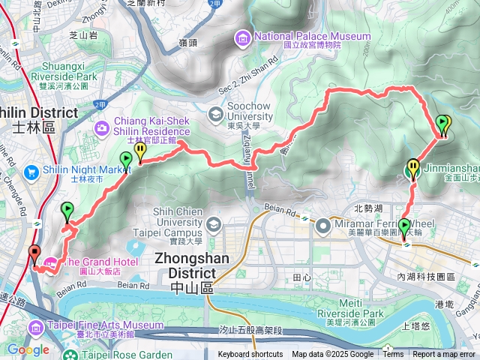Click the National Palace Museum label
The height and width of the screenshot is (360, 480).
pos(313,36)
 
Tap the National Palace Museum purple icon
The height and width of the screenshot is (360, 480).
pos(243,37)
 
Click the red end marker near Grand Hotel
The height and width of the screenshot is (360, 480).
pos(34,253)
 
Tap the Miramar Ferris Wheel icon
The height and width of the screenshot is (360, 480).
pos(323,223)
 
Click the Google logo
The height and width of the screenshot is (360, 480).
pos(28,349)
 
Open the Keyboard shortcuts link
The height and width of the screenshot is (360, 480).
pos(250,355)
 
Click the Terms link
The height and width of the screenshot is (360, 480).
pos(393,355)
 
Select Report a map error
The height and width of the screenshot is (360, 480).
pos(445,355)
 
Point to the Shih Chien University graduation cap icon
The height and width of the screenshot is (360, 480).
pos(213,223)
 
